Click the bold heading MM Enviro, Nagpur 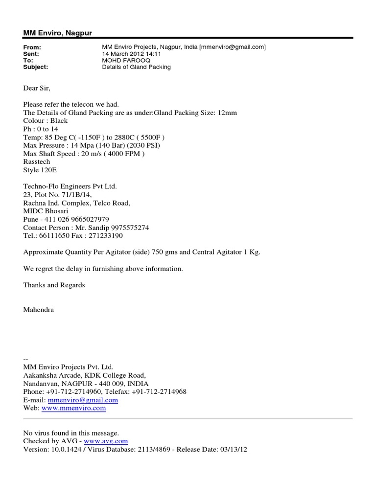pyautogui.click(x=58, y=32)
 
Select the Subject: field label pyautogui.click(x=36, y=67)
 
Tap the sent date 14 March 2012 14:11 pyautogui.click(x=127, y=54)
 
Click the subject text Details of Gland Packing pyautogui.click(x=136, y=67)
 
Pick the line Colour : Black pyautogui.click(x=46, y=121)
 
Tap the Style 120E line pyautogui.click(x=40, y=171)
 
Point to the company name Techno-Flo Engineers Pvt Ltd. pyautogui.click(x=70, y=186)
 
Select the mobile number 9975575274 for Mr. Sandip pyautogui.click(x=131, y=228)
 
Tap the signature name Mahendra pyautogui.click(x=39, y=310)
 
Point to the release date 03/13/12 pyautogui.click(x=233, y=450)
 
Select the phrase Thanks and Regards pyautogui.click(x=54, y=285)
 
